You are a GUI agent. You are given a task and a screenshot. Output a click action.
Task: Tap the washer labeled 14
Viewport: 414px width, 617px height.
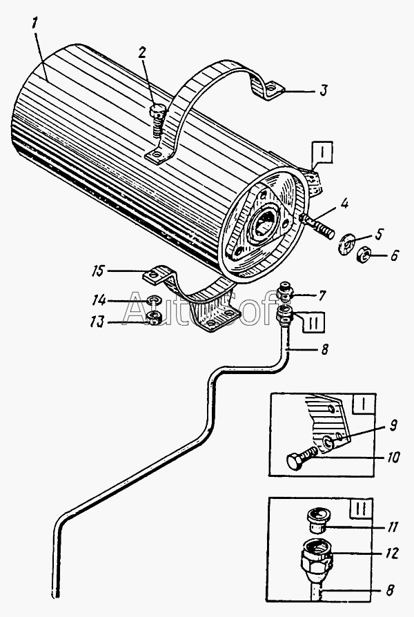[x=155, y=302]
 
